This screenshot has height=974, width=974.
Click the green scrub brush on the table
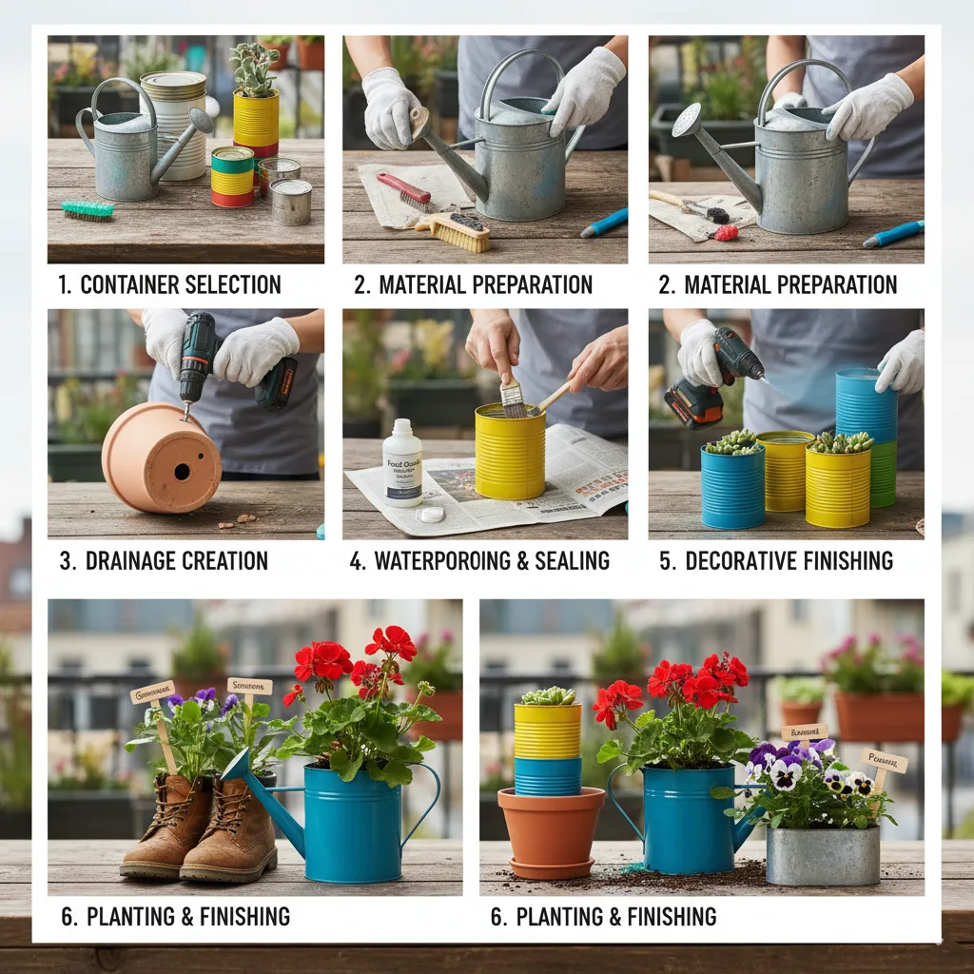tap(88, 210)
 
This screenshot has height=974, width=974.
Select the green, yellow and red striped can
tap(232, 177)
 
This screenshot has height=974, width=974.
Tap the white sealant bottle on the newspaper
tap(402, 463)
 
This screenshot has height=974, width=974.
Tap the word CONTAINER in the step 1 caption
tap(133, 284)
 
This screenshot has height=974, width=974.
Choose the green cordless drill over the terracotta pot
tap(201, 357)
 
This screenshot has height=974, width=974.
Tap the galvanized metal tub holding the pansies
tap(823, 854)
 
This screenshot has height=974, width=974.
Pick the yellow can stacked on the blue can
tap(547, 730)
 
